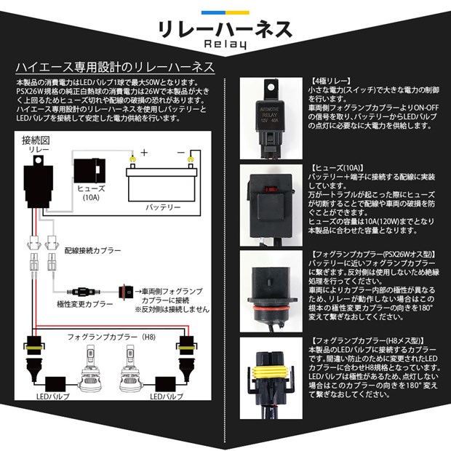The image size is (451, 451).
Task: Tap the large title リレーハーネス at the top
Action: pyautogui.click(x=225, y=27)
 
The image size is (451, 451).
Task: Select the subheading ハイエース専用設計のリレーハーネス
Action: pyautogui.click(x=115, y=67)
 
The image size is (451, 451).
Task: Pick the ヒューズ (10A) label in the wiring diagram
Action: pyautogui.click(x=89, y=191)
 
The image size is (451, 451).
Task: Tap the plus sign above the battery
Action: pyautogui.click(x=145, y=153)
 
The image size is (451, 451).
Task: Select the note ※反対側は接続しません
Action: pyautogui.click(x=169, y=308)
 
